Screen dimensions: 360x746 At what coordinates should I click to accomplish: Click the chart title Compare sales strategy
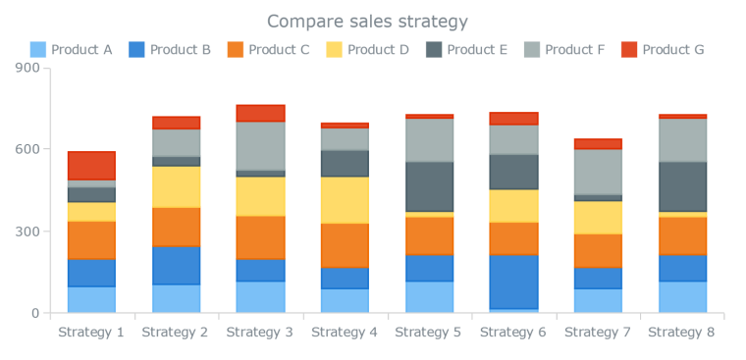(x=367, y=22)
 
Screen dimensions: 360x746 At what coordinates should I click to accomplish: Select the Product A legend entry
(x=71, y=49)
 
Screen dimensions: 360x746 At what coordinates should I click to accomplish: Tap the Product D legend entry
(x=367, y=49)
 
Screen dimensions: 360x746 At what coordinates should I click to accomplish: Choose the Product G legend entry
(x=663, y=49)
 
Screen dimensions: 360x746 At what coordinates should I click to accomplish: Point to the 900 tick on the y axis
(x=27, y=68)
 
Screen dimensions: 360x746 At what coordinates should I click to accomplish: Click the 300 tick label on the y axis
(x=27, y=231)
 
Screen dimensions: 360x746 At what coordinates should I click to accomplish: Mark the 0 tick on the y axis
(x=34, y=314)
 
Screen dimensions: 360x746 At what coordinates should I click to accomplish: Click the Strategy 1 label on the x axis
(x=91, y=333)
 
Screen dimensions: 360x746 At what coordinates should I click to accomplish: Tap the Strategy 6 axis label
(x=512, y=333)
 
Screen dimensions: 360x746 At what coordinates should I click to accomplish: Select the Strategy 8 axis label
(x=681, y=333)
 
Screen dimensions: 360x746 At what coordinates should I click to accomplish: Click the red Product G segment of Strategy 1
(x=91, y=166)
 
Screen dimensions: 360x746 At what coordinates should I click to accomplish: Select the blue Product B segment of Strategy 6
(x=512, y=282)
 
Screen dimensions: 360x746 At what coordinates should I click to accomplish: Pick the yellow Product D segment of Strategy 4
(x=345, y=200)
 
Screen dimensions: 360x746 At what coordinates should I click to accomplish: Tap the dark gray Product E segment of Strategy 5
(x=429, y=186)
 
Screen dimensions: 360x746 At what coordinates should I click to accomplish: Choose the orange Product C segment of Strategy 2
(x=176, y=227)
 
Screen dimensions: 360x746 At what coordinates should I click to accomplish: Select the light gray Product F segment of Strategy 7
(x=597, y=172)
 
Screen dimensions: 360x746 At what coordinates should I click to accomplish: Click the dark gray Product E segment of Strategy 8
(x=681, y=186)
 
